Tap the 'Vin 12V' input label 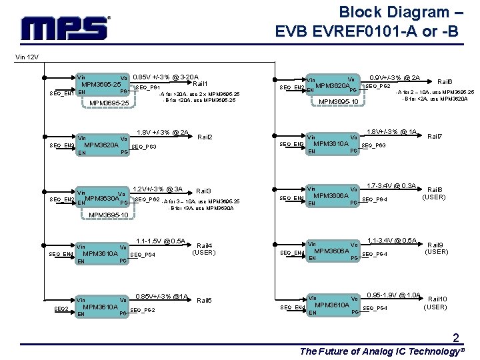pos(28,57)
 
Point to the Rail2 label pos(205,137)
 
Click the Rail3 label pos(204,191)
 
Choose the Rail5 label pos(205,301)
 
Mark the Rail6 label pos(445,81)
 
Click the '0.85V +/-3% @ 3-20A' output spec pos(166,77)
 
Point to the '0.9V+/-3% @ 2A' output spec pos(395,77)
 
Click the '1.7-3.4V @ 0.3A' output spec pos(392,185)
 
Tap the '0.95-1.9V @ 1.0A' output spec pos(394,295)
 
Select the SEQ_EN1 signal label pos(61,93)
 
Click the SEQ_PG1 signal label pos(147,87)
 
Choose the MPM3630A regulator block pos(101,198)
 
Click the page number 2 pos(455,337)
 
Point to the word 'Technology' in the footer pos(413,351)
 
